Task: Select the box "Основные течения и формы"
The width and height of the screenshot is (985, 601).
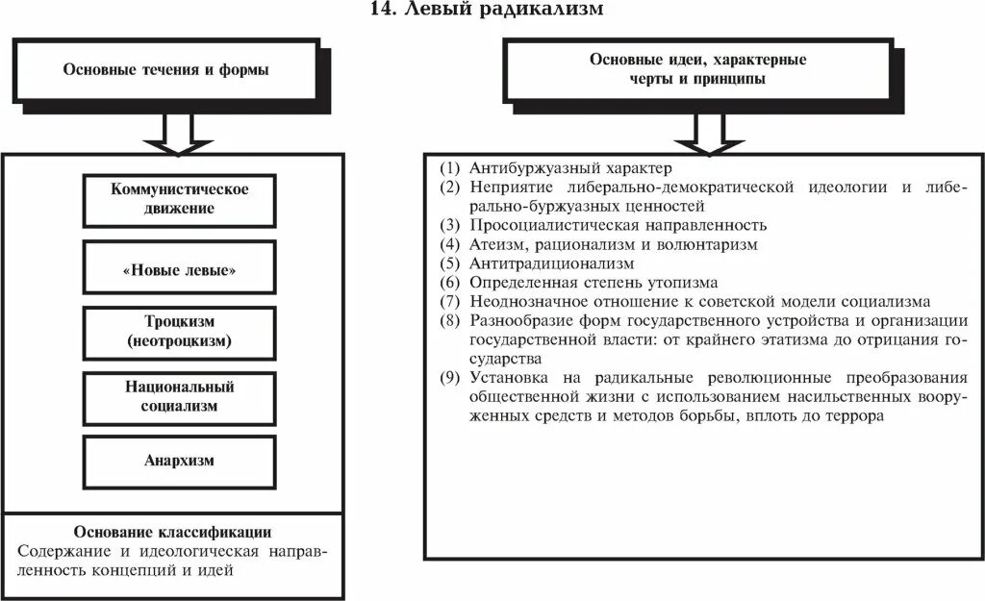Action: coord(165,70)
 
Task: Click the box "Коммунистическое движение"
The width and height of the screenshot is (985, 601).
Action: coord(179,198)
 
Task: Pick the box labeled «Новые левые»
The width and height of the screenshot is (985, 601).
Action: coord(179,270)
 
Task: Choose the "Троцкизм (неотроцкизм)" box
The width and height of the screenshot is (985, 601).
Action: coord(179,332)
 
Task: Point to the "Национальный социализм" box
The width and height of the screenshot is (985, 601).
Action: coord(179,396)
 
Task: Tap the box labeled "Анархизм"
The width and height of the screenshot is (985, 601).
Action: coord(179,460)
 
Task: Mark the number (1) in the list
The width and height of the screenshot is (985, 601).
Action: coord(451,166)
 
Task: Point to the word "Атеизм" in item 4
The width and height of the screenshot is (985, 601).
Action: coord(495,244)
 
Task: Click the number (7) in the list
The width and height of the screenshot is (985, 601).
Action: coord(451,302)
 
